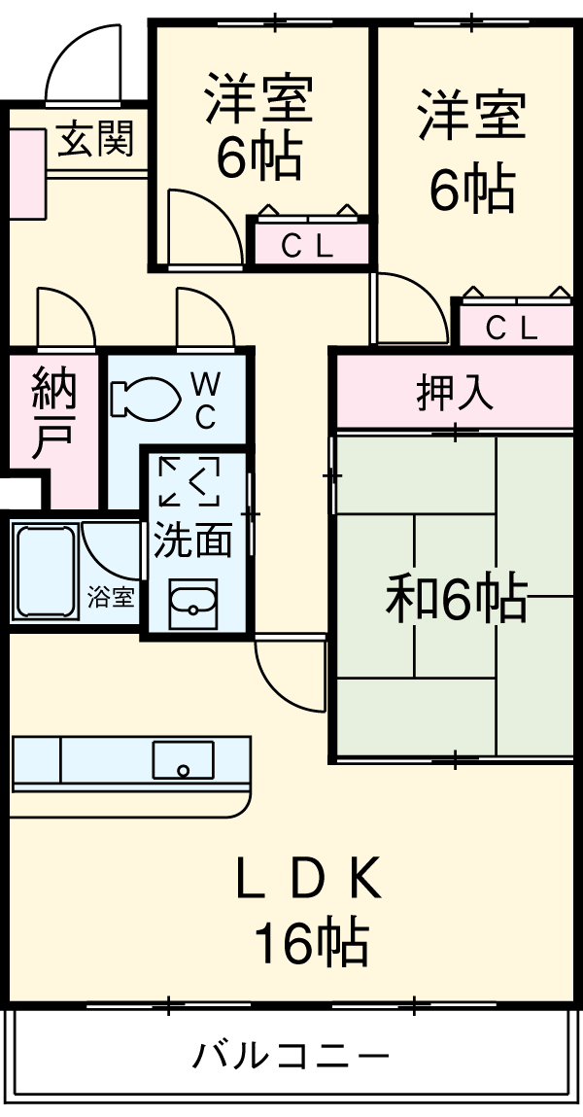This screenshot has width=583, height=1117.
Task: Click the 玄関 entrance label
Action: click(x=94, y=142)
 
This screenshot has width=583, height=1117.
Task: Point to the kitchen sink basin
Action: click(x=183, y=759)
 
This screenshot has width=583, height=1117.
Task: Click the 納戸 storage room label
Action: click(x=53, y=413)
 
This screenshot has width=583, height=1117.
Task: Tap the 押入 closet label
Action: click(x=455, y=394)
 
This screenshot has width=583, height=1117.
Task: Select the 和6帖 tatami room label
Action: click(x=456, y=599)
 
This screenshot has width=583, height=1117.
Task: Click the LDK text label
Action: click(x=308, y=881)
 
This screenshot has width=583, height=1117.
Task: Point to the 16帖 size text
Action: click(x=311, y=940)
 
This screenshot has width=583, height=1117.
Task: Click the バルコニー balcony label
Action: click(x=291, y=1055)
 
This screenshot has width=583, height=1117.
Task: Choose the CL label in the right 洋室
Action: click(x=511, y=329)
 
